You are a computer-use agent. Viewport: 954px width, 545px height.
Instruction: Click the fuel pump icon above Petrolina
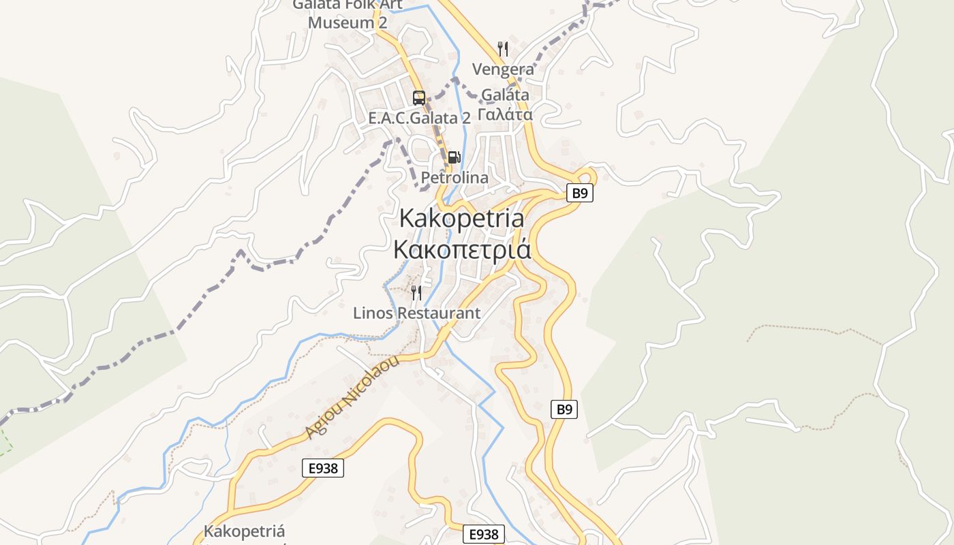[454, 157]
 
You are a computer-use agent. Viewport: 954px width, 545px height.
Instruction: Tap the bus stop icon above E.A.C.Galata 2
[418, 97]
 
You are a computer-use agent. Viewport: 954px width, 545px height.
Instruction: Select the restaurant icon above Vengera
[503, 48]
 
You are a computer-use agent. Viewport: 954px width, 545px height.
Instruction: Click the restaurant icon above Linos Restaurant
[416, 293]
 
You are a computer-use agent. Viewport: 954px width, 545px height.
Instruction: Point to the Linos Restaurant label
[416, 313]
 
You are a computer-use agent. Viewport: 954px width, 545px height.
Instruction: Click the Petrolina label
[455, 178]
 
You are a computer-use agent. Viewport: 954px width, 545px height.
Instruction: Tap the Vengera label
[503, 69]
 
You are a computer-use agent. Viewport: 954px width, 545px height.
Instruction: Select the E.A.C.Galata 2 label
[419, 118]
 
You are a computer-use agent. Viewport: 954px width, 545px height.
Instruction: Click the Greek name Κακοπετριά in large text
[462, 249]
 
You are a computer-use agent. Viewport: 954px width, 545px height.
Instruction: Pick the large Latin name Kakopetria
[462, 219]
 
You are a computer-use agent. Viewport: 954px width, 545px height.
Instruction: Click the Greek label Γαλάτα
[505, 114]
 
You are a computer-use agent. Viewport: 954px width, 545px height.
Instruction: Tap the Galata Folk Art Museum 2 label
[348, 14]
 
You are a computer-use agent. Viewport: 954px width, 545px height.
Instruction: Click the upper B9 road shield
[579, 193]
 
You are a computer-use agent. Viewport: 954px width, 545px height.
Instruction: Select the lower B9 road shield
[564, 409]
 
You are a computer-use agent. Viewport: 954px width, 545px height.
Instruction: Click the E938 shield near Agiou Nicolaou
[323, 468]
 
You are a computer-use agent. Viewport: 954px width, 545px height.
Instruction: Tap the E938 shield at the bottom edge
[484, 535]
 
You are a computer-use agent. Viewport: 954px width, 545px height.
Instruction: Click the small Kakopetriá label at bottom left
[244, 531]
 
